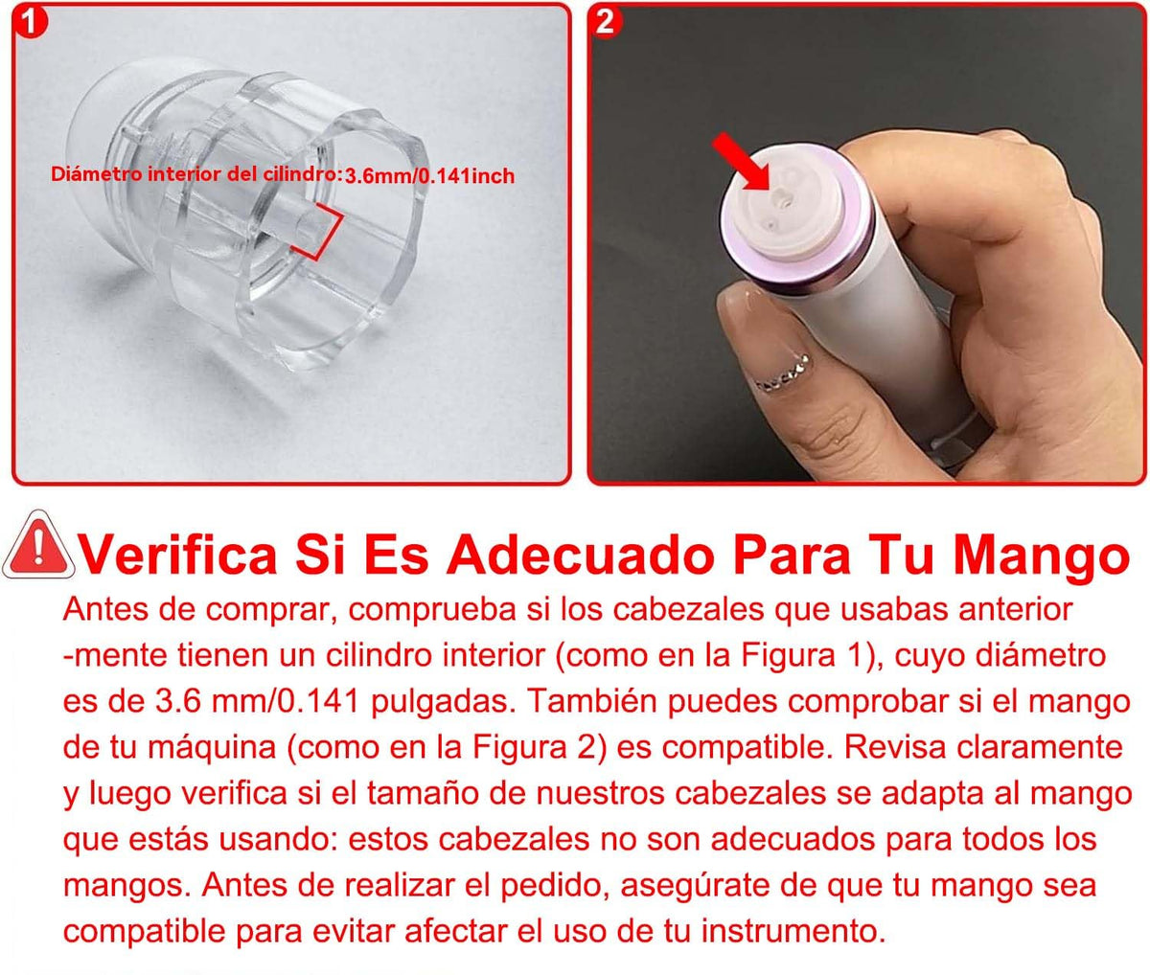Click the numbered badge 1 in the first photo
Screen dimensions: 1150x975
point(30,22)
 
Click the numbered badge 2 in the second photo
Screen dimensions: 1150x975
point(605,22)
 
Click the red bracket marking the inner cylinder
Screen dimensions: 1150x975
point(319,232)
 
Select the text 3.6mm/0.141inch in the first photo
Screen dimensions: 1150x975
point(429,176)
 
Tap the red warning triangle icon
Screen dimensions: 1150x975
point(38,545)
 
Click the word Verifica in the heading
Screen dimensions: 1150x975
point(179,555)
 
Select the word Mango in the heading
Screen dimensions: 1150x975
point(1041,555)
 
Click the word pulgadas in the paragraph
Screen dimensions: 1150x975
point(440,702)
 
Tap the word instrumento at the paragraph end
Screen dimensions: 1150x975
point(793,931)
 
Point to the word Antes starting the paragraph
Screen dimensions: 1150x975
point(105,609)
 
